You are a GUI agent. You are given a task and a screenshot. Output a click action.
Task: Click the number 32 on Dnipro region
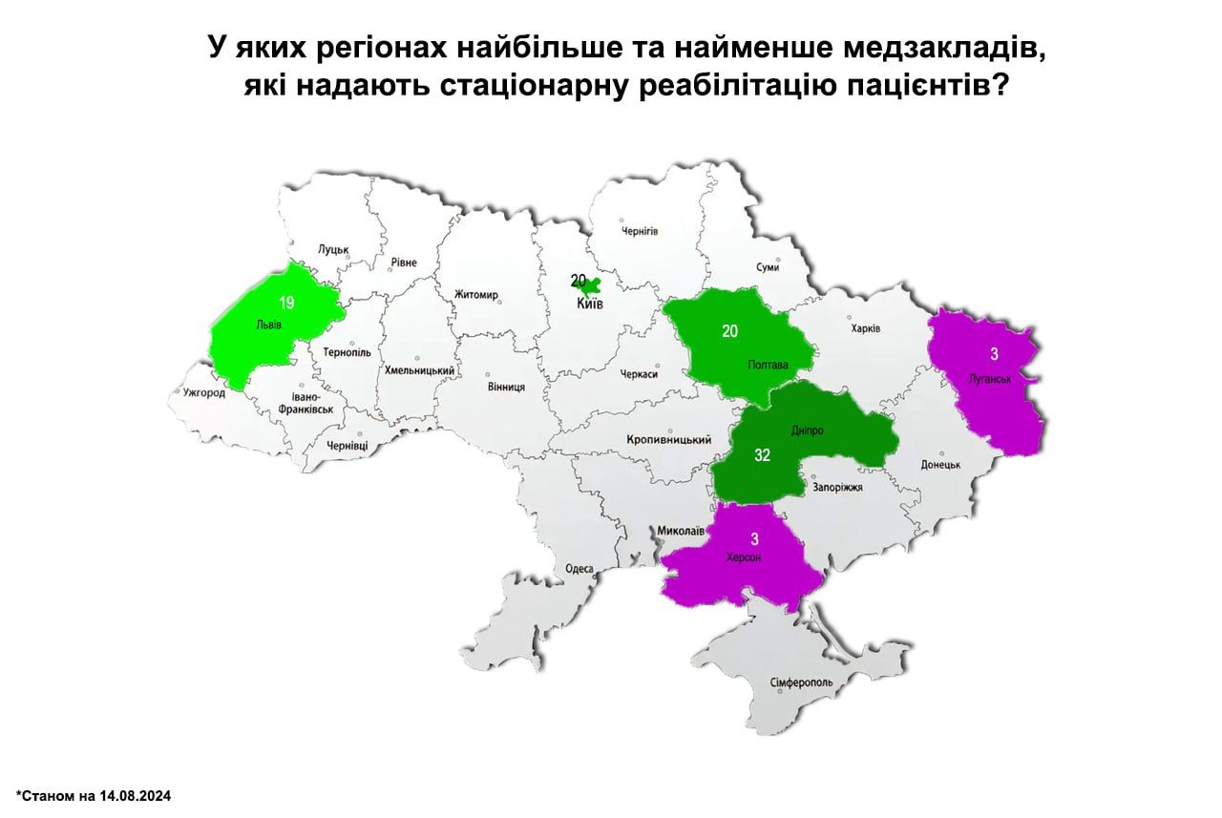pos(762,455)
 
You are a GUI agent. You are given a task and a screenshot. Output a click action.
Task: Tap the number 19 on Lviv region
pos(286,303)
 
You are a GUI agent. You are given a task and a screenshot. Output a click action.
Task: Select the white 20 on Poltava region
pos(730,331)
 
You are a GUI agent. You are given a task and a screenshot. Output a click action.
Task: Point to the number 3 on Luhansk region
pos(994,354)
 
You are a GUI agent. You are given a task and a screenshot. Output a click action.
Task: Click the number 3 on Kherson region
pos(754,539)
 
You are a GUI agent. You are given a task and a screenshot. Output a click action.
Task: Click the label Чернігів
pos(641,231)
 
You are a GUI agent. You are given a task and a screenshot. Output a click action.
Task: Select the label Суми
pos(767,268)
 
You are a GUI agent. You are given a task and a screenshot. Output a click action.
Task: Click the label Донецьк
pos(940,465)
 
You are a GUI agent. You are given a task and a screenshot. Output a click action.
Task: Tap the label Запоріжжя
pos(838,487)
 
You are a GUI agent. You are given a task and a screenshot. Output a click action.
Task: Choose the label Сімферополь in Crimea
pos(801,683)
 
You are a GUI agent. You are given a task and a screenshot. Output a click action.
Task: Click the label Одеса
pos(579,569)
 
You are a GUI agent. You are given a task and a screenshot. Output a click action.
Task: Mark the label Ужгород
pos(203,392)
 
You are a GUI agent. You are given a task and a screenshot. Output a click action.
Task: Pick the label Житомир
pos(477,294)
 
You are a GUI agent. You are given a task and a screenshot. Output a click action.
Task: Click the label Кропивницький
pos(669,440)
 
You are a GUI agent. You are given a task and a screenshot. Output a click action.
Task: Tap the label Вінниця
pos(506,387)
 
